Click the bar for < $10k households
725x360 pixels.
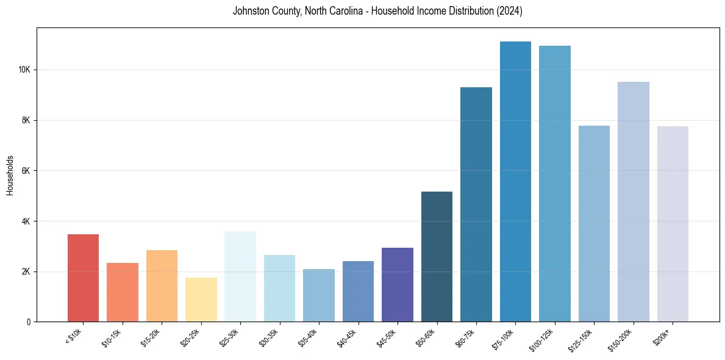[x=83, y=278]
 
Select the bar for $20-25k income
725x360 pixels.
[x=201, y=300]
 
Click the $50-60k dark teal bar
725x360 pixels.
[x=437, y=256]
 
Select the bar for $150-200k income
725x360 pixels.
[x=634, y=201]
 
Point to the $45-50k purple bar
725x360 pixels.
[x=398, y=284]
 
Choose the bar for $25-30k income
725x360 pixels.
[x=240, y=276]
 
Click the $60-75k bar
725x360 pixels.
[x=476, y=204]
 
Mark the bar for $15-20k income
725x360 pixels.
[x=162, y=286]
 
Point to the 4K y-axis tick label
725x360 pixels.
[x=26, y=221]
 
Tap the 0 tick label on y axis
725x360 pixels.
[x=28, y=322]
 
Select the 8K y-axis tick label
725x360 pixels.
[x=26, y=120]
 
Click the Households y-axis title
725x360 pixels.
[x=10, y=175]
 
